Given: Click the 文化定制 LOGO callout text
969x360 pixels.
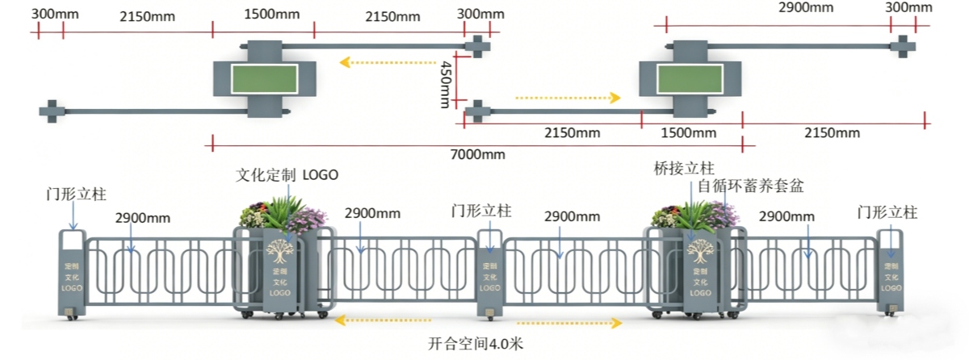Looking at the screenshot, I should (x=287, y=174).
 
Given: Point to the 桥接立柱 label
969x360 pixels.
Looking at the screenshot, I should (x=684, y=169).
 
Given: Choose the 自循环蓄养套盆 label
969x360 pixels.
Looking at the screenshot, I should (x=751, y=186).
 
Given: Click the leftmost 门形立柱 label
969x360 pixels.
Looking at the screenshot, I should (x=77, y=195).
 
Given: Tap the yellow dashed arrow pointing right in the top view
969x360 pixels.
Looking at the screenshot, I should (x=568, y=98).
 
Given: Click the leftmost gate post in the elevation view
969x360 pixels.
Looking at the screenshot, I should (x=70, y=272).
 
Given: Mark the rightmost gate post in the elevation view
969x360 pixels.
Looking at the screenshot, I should (x=891, y=270).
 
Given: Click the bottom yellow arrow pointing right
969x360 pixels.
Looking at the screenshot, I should (x=569, y=322).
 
